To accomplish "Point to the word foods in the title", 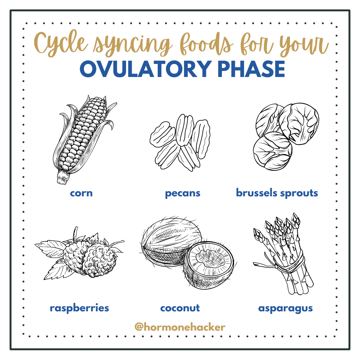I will point(203,43).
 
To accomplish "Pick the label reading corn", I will point(81,193).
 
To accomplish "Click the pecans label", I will point(183,193).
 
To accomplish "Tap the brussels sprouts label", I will point(277,193).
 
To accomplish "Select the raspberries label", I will point(79,308).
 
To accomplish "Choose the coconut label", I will point(180,308).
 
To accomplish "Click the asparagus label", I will point(285,308).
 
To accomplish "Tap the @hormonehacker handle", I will point(180,327).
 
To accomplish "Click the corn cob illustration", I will point(82,137).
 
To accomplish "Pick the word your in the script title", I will point(300,45).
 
